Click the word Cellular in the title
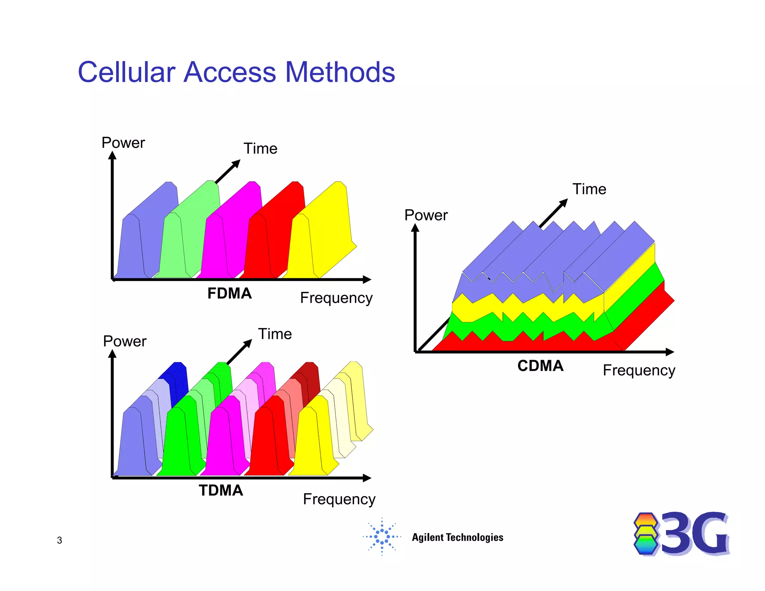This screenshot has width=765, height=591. tap(126, 72)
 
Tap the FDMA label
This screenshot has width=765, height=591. tap(229, 293)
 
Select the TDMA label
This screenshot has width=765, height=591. tap(221, 491)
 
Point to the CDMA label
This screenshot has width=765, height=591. tap(540, 366)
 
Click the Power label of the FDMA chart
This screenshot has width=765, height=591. tap(123, 143)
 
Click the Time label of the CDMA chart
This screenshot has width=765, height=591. tap(589, 189)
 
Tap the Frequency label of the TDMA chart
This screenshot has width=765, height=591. tap(339, 499)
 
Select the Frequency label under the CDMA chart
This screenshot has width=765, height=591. tap(639, 370)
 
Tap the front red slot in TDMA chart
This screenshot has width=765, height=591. tap(267, 437)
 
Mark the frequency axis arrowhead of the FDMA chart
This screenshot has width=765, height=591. tap(367, 279)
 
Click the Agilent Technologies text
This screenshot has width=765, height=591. tap(457, 537)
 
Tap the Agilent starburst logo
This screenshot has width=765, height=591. tap(382, 537)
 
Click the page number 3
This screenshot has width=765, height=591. tap(59, 540)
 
